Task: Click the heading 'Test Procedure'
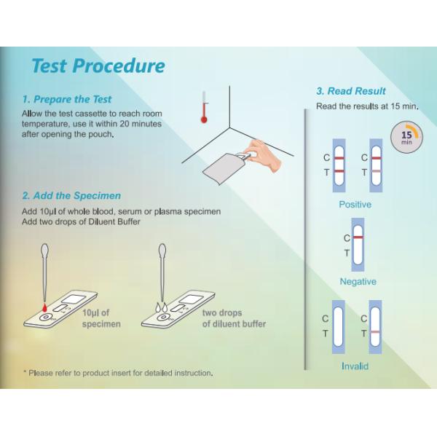coord(98,66)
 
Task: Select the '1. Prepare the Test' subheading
coord(67,99)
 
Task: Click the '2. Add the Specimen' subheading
coord(71,196)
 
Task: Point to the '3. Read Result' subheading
coord(351,91)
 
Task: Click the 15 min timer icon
coord(406,136)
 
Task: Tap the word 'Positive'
coord(355,205)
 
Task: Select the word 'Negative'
coord(358,282)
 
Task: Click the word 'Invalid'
coord(355,366)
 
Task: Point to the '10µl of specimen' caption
coord(101,318)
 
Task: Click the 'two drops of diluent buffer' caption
coord(234,318)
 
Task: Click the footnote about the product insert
coord(118,373)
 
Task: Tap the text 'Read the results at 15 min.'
coord(367,106)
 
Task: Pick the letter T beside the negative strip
coord(347,253)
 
